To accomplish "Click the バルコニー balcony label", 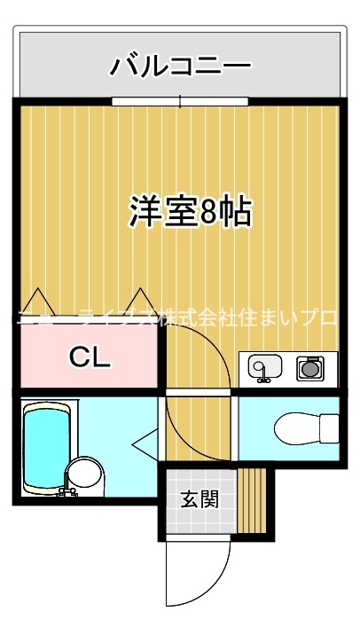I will [x=181, y=67].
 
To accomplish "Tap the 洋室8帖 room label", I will [x=191, y=212].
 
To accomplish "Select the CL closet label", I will [x=90, y=357].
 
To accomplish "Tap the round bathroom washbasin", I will [x=86, y=476].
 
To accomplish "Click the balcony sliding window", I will [x=181, y=102].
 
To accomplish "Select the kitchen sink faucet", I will [x=261, y=380].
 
